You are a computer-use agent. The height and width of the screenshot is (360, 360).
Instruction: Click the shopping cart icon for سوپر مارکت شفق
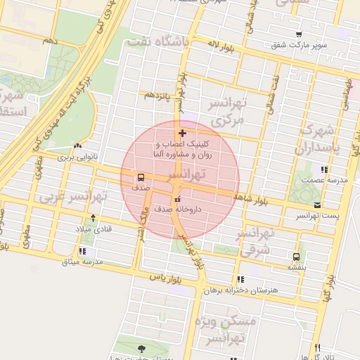(300, 34)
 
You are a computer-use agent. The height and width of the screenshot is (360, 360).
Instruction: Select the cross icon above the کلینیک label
(182, 132)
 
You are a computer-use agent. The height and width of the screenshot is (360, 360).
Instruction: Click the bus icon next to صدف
(141, 177)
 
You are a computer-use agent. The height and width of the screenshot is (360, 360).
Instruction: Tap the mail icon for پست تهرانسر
(318, 205)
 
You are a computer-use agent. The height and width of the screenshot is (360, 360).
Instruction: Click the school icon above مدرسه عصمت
(323, 169)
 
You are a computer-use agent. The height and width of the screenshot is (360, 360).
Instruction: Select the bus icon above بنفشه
(296, 256)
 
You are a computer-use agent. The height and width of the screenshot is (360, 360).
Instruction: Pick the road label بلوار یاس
(161, 278)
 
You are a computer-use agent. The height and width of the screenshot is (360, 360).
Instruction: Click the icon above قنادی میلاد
(94, 218)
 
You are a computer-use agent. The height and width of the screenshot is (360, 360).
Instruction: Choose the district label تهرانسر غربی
(74, 195)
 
